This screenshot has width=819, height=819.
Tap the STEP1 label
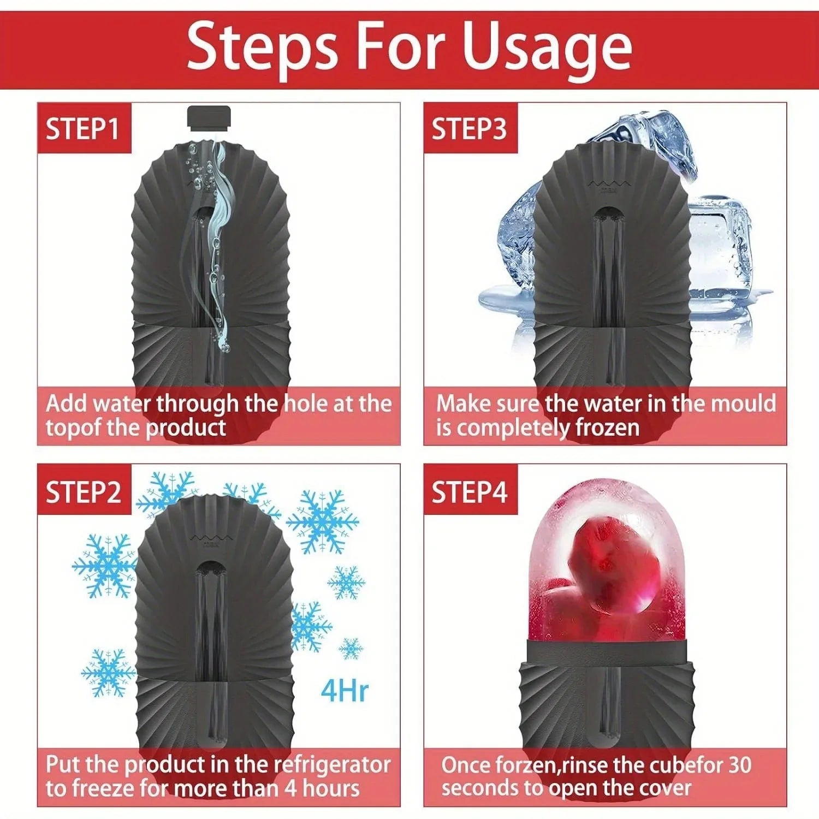click(83, 129)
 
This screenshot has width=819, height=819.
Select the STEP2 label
click(83, 492)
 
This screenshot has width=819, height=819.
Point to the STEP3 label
click(469, 129)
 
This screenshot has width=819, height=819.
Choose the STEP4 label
click(469, 492)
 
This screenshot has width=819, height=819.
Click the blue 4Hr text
click(345, 691)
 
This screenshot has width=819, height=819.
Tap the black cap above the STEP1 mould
click(209, 117)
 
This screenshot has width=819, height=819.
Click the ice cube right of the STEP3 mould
click(721, 246)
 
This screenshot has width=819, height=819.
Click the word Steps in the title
click(262, 48)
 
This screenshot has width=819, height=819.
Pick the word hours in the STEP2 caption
click(331, 788)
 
